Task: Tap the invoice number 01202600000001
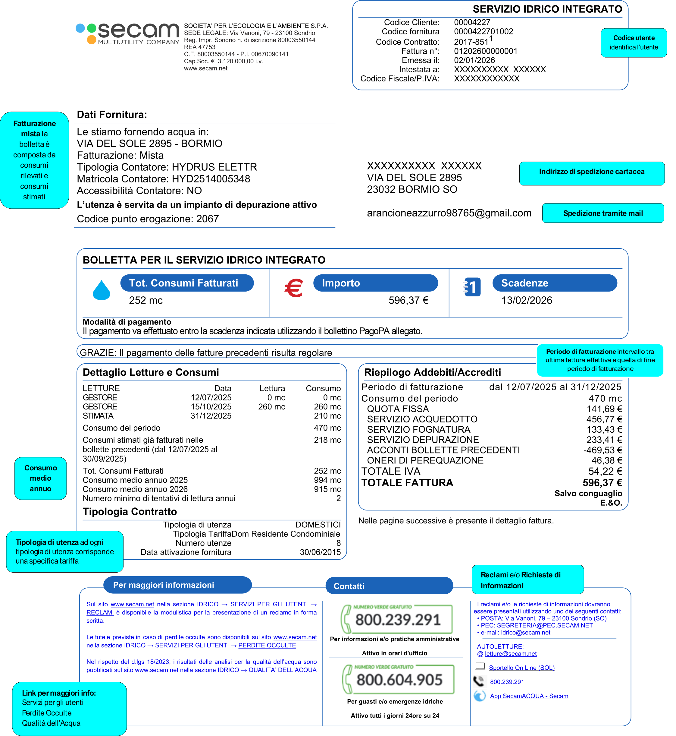(485, 51)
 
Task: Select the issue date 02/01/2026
(474, 60)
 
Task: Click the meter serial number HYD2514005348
(211, 179)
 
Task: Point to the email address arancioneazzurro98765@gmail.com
(449, 213)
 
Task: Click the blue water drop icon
(101, 290)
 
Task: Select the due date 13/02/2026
(527, 301)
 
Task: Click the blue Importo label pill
(375, 283)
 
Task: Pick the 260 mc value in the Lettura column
(271, 407)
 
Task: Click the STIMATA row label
(98, 416)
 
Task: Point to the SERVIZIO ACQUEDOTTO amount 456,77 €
(604, 419)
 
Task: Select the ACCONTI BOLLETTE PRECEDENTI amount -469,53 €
(602, 450)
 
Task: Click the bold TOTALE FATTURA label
(407, 483)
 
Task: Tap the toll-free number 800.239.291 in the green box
(398, 620)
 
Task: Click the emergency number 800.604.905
(399, 680)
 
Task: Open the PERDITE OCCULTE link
(267, 646)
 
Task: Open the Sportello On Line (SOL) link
(522, 668)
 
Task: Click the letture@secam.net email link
(511, 654)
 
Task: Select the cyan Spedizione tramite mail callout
(603, 213)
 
